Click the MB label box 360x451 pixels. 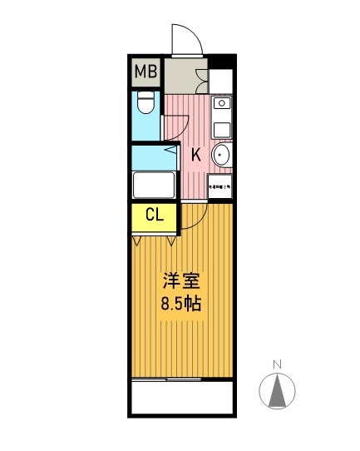pyautogui.click(x=145, y=72)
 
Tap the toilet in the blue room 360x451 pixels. pyautogui.click(x=145, y=105)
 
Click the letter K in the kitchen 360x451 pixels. pyautogui.click(x=196, y=154)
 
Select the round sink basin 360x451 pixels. pyautogui.click(x=221, y=156)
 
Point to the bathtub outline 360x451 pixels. pyautogui.click(x=153, y=185)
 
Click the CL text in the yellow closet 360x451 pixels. pyautogui.click(x=154, y=216)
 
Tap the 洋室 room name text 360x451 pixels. pyautogui.click(x=180, y=281)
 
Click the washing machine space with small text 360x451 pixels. pyautogui.click(x=219, y=187)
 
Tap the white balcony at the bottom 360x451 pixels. pyautogui.click(x=180, y=397)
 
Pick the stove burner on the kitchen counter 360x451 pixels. pyautogui.click(x=221, y=104)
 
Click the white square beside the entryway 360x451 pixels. pyautogui.click(x=221, y=81)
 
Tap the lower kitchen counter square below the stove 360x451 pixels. pyautogui.click(x=221, y=129)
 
